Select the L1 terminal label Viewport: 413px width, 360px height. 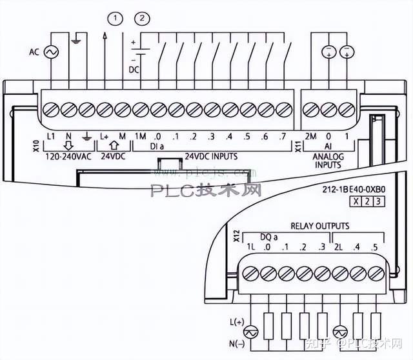click(x=53, y=137)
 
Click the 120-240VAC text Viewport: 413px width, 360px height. click(x=66, y=156)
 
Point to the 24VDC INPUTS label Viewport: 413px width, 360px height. click(x=211, y=156)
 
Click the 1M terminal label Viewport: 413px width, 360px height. click(x=141, y=137)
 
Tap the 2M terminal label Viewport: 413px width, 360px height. click(x=310, y=137)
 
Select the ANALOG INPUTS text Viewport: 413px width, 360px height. click(x=328, y=160)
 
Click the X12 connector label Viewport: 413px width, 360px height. click(x=236, y=236)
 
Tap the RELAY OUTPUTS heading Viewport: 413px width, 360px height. click(x=319, y=226)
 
